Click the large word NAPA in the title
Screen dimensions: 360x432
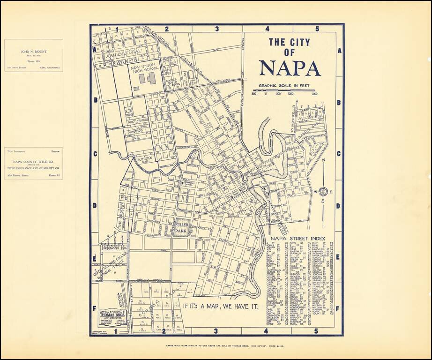(290, 68)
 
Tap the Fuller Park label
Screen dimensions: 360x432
(181, 227)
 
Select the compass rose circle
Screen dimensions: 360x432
(324, 192)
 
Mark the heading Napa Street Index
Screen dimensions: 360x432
(298, 238)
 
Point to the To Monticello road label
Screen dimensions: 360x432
(295, 120)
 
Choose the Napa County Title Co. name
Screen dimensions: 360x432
(33, 160)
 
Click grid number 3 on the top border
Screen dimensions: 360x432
(217, 29)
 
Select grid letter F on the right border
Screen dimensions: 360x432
(338, 309)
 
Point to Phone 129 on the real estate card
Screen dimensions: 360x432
(33, 61)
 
